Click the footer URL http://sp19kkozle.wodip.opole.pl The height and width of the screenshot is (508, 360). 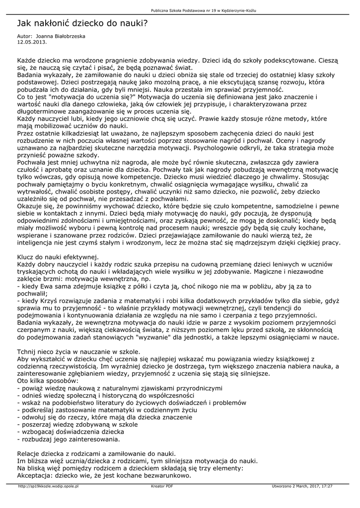coord(48,487)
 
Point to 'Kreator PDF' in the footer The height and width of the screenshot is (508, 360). coord(162,487)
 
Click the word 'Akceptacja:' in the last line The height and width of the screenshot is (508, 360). coord(35,475)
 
